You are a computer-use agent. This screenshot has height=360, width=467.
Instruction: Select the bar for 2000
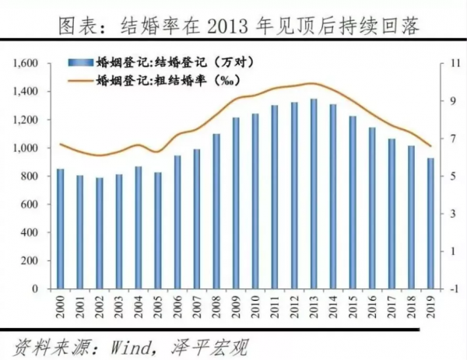pyautogui.click(x=60, y=229)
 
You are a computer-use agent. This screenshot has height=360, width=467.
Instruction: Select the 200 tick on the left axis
pyautogui.click(x=33, y=260)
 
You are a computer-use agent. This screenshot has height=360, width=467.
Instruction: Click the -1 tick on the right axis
pyautogui.click(x=449, y=289)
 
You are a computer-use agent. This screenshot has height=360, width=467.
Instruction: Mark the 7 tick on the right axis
pyautogui.click(x=449, y=138)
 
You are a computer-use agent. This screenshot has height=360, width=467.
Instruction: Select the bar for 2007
pyautogui.click(x=197, y=218)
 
